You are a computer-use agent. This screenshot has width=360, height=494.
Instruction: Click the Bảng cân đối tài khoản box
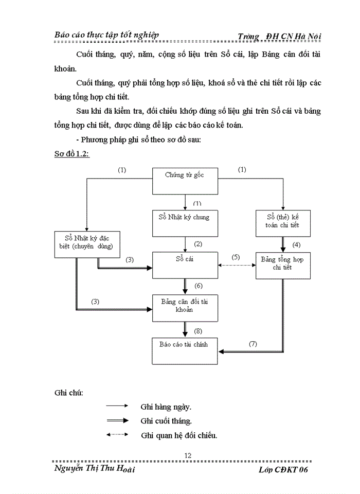point(185,307)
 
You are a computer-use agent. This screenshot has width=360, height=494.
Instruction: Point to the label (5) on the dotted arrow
point(236,257)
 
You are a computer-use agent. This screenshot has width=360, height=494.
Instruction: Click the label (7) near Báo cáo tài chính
point(253,343)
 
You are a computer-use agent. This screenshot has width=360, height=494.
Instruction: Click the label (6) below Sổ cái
point(198,286)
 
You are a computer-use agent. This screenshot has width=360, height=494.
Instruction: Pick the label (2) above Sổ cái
point(198,243)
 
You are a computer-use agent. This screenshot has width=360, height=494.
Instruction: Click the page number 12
point(188,455)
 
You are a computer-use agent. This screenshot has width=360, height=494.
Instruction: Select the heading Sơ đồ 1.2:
point(72,154)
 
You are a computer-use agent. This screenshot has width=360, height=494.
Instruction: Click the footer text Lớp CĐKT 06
point(284,470)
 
